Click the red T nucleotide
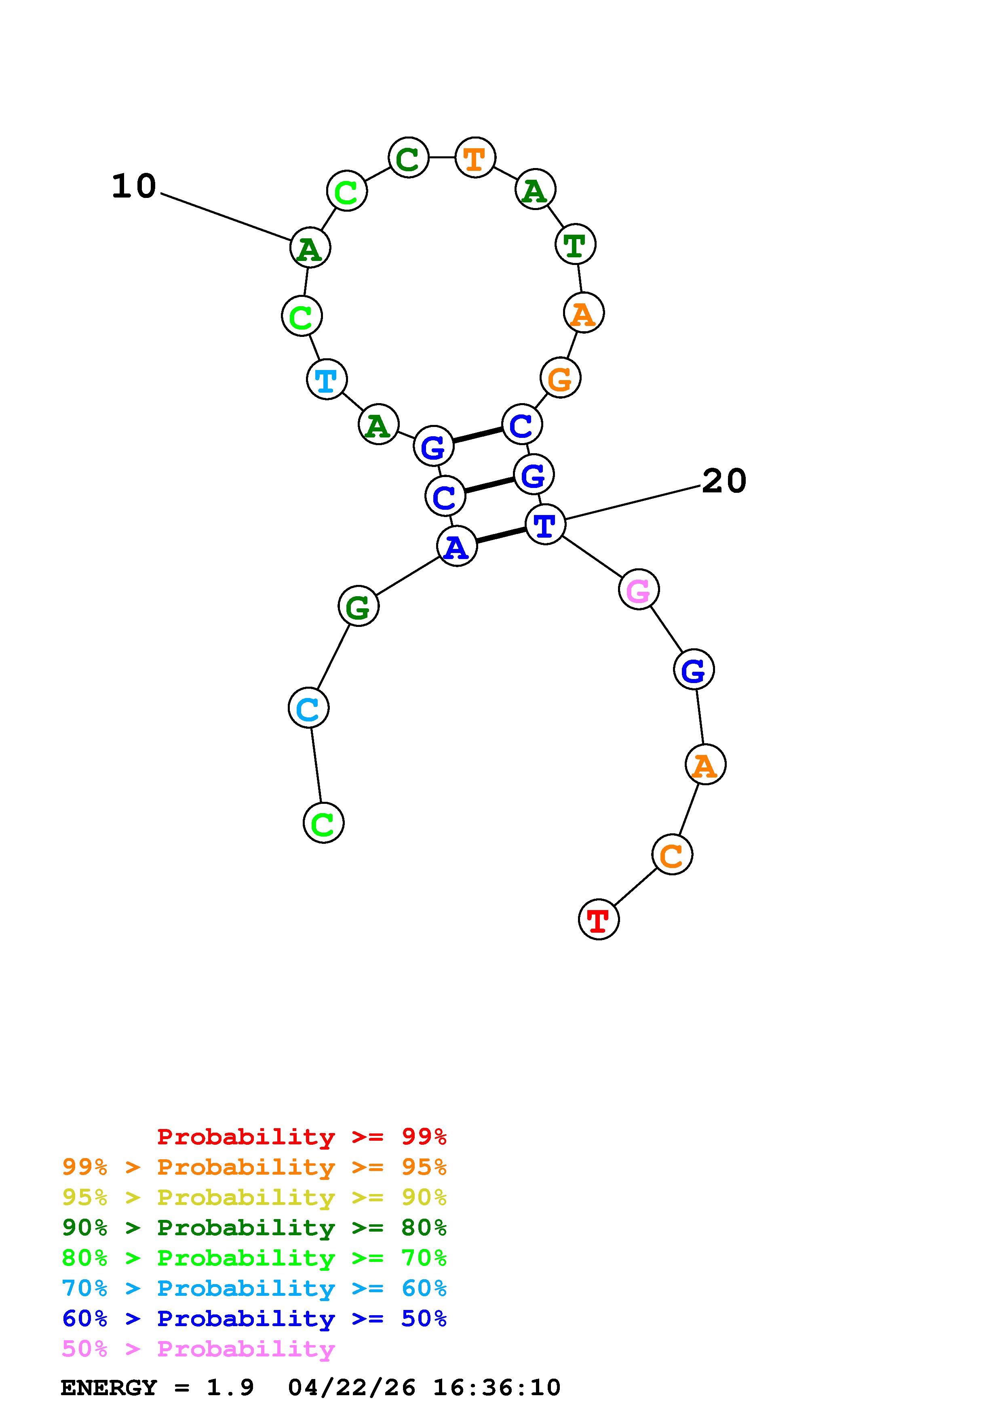tap(598, 920)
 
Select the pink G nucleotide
tap(638, 589)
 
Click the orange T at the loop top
tap(475, 158)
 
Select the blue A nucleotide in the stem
tap(457, 546)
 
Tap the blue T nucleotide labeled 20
tap(545, 525)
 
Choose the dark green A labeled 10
tap(310, 248)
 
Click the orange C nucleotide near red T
tap(672, 854)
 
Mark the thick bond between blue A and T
tap(501, 535)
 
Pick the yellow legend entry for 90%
tap(254, 1197)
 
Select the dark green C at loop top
tap(408, 158)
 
